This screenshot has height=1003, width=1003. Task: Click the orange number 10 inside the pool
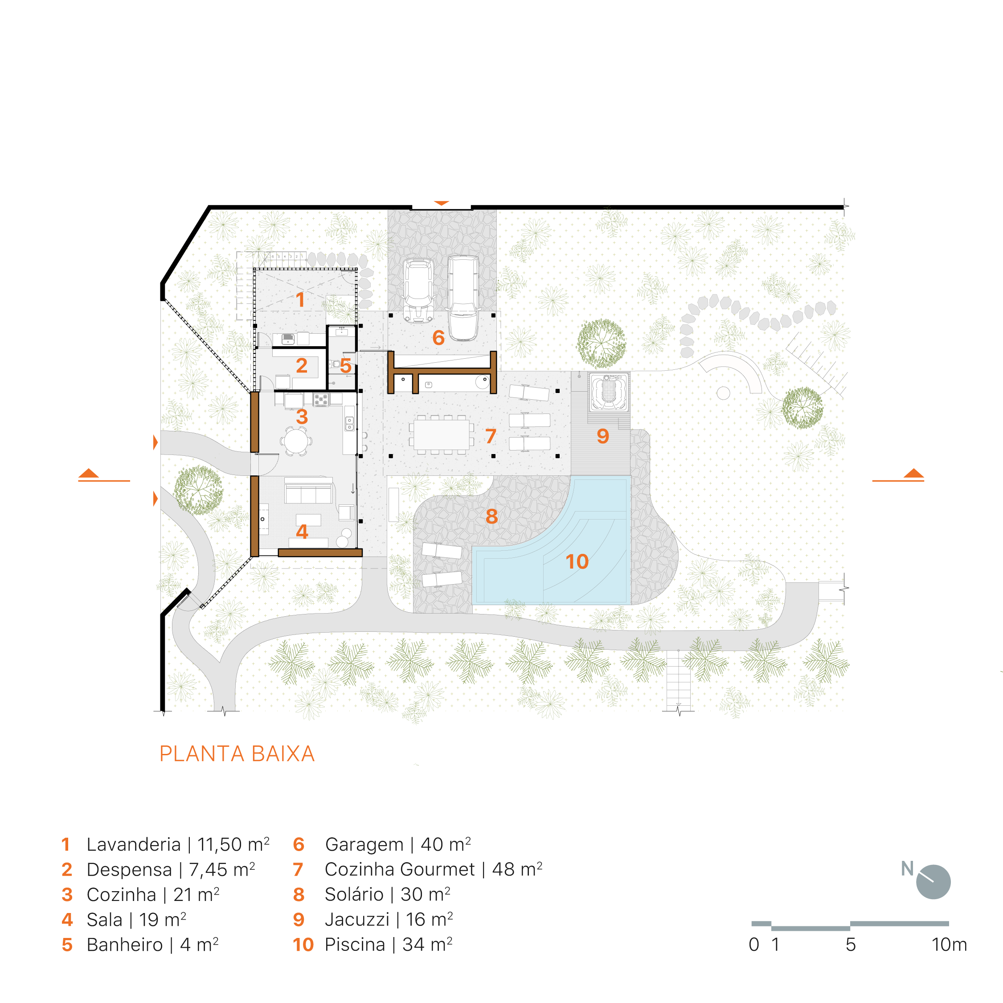click(577, 561)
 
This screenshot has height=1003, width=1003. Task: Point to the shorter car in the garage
click(418, 290)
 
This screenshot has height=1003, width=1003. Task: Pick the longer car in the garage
click(463, 298)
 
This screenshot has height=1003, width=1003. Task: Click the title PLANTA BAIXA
click(237, 754)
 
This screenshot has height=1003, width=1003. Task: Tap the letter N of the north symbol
click(907, 868)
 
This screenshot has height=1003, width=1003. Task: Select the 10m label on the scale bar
click(949, 944)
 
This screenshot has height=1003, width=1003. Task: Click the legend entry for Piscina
click(372, 944)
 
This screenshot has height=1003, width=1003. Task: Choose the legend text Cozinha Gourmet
click(399, 869)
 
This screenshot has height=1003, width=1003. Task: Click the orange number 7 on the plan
click(491, 436)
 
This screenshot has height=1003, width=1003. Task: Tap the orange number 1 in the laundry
click(300, 299)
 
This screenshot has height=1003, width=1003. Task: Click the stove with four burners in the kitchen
click(321, 399)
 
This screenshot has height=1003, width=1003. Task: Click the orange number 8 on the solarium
click(491, 516)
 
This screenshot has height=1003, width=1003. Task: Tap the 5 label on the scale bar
click(850, 944)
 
